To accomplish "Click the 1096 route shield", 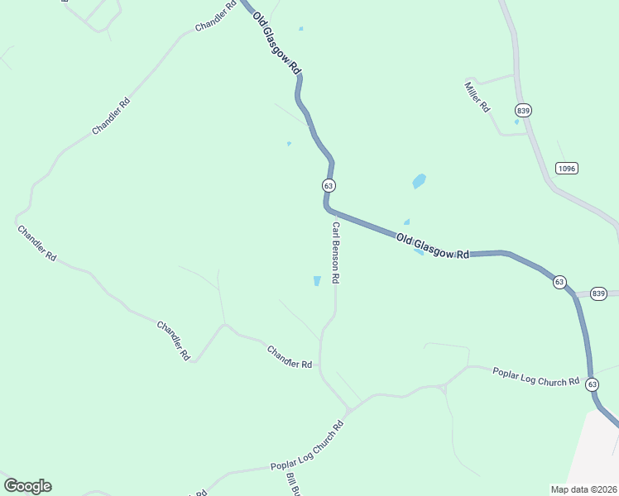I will coord(566,168).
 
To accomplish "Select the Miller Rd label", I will coord(477,97).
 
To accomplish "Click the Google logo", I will coord(27,486).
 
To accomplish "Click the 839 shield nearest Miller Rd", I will coord(523,110).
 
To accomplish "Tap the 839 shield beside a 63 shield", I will coord(599,293).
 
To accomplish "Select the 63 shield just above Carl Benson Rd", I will coord(329,186).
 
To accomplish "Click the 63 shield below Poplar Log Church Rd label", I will coord(592,384).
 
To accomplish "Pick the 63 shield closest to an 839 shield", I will coord(560,282).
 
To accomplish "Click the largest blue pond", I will coord(419,181).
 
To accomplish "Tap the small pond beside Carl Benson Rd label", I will coord(317,281).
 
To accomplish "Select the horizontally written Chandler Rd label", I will coord(289,358).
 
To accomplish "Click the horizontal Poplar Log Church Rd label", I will coord(536,377).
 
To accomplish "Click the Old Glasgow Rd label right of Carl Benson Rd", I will coord(432,246).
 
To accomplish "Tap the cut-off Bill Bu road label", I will coord(292,485).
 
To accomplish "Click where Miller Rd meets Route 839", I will coord(517,76).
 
